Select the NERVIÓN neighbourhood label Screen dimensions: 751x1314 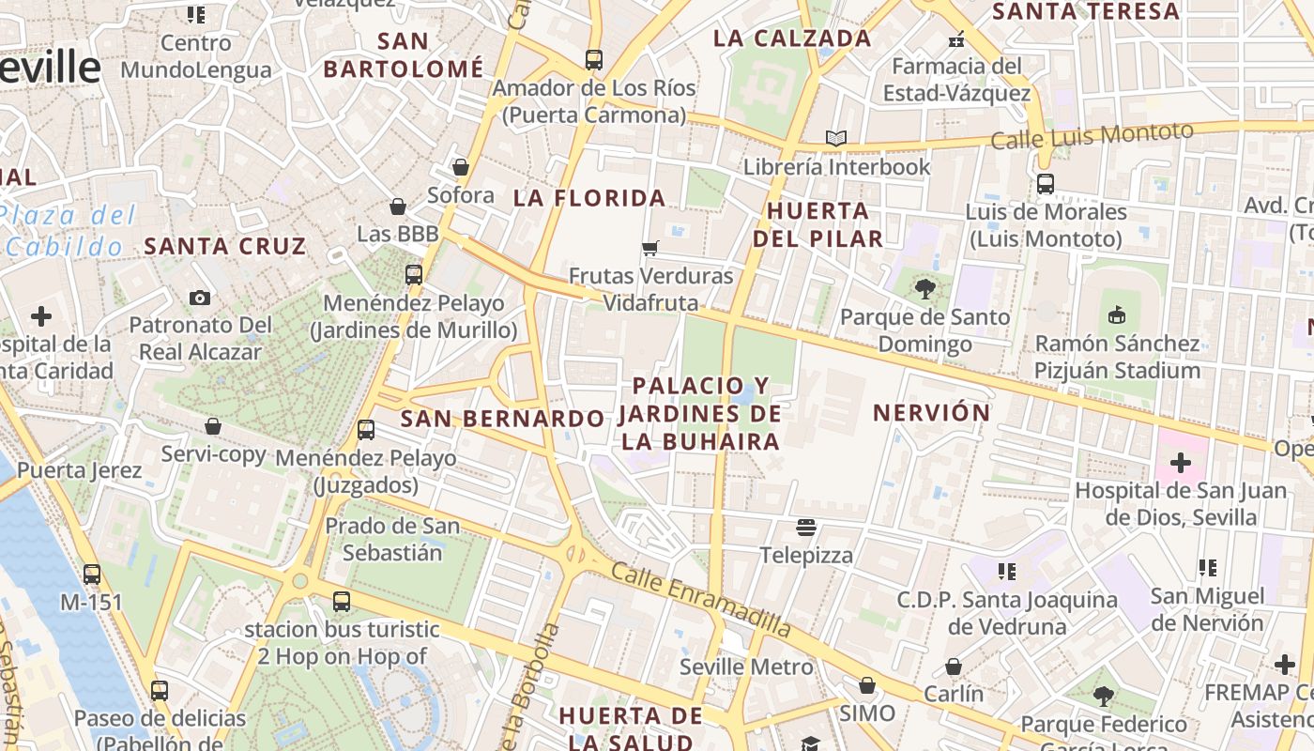(x=932, y=412)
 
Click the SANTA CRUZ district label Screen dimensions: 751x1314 (x=225, y=247)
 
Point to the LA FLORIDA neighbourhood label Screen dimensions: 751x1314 (x=589, y=198)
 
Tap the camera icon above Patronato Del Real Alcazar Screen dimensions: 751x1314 (x=200, y=298)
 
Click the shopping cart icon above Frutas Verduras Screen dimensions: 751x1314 (x=649, y=249)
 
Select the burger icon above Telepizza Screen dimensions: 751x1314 (x=806, y=527)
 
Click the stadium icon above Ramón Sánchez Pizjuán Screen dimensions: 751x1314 (x=1117, y=315)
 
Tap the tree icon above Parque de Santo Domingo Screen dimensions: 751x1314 (x=925, y=289)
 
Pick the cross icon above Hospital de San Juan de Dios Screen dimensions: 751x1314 (x=1180, y=463)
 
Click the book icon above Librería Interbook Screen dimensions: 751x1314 (x=836, y=139)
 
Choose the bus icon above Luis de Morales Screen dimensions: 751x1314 (x=1045, y=184)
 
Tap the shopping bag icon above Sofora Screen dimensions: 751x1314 (x=461, y=168)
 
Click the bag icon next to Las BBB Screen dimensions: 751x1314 (x=398, y=207)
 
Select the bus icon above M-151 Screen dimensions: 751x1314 (x=91, y=574)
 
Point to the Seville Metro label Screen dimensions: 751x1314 (x=746, y=667)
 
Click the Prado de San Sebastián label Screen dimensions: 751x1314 (x=392, y=539)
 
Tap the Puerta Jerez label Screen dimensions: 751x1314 (x=80, y=470)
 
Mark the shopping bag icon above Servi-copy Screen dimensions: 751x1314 (x=213, y=426)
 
